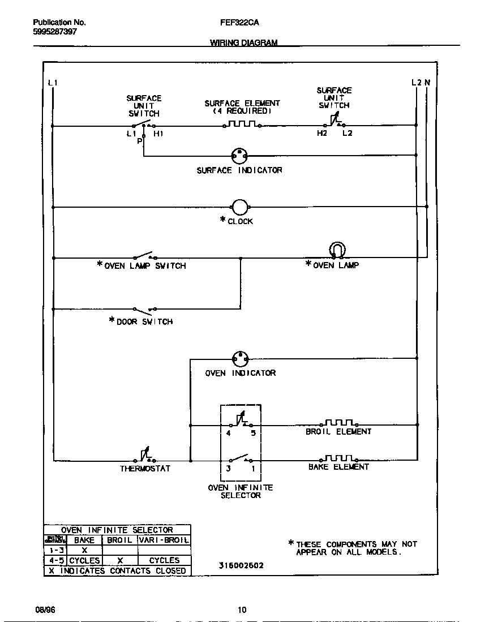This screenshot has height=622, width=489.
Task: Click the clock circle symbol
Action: tap(240, 208)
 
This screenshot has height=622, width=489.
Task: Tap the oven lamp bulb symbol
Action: tap(337, 250)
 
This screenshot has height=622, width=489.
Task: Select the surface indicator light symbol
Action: tap(240, 156)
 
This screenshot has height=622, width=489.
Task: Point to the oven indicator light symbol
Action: tap(241, 359)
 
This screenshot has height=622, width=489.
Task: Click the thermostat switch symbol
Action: tap(147, 456)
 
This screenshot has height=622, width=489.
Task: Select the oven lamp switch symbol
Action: tap(145, 256)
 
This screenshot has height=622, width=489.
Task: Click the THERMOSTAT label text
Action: tap(145, 469)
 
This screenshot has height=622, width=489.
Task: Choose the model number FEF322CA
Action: tap(235, 23)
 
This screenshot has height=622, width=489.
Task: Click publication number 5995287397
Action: tap(55, 32)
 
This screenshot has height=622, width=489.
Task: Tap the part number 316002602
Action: tap(241, 565)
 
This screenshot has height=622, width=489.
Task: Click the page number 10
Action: tap(242, 610)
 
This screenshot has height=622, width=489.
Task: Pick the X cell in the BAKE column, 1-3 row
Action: tap(84, 550)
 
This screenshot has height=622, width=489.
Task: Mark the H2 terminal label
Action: tap(322, 134)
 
